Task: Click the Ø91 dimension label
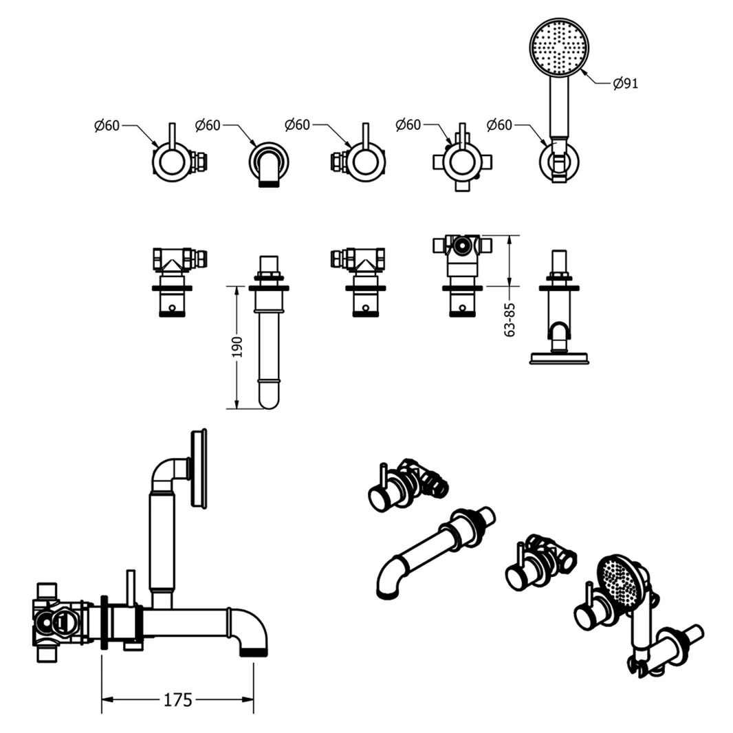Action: coord(626,84)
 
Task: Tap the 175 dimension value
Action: coord(177,700)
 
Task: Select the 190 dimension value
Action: coord(237,347)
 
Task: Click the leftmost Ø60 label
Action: coord(107,125)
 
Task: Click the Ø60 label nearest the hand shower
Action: coord(500,125)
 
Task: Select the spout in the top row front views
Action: coord(269,165)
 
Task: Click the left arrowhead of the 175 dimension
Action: coord(105,700)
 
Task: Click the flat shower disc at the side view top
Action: coord(199,468)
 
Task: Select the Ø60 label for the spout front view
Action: coord(208,125)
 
